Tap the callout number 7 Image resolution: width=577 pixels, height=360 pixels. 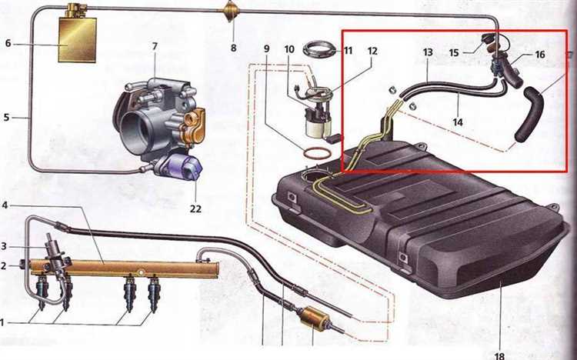click(154, 47)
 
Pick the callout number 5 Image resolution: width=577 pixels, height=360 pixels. click(7, 118)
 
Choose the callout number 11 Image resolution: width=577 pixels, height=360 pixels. click(348, 51)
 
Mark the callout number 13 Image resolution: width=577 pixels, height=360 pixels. click(428, 52)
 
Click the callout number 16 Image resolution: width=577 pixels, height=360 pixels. click(540, 55)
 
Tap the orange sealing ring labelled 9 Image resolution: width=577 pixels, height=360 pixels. click(314, 152)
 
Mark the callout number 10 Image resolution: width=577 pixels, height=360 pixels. click(290, 51)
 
